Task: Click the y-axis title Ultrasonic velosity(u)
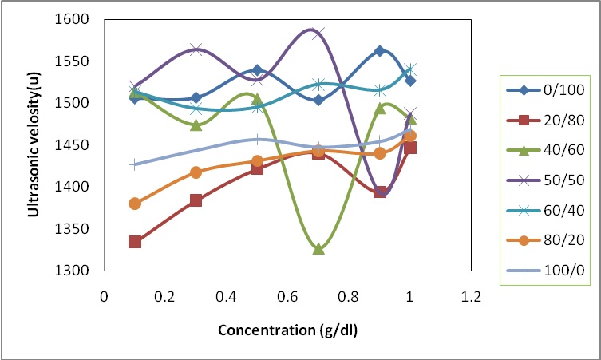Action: (34, 144)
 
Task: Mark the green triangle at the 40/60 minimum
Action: (318, 249)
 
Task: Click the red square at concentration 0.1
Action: (135, 242)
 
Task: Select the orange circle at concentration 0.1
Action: (135, 204)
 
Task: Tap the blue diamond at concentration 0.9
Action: (380, 51)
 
